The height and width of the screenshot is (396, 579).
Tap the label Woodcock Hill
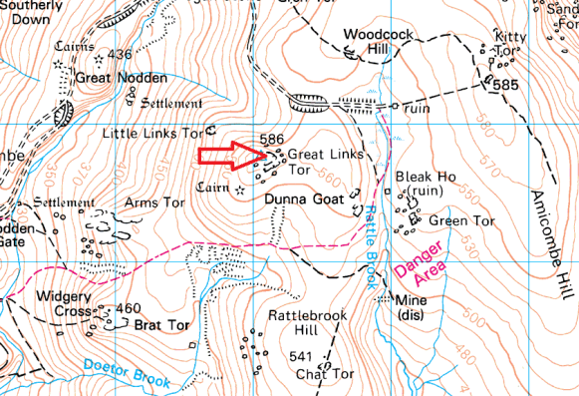click(371, 41)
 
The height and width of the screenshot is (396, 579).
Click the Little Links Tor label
click(152, 132)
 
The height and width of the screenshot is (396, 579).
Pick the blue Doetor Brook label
click(127, 373)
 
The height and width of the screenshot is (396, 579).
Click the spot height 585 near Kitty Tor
click(507, 87)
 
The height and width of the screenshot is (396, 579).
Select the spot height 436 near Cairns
click(121, 54)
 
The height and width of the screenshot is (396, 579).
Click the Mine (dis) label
click(411, 308)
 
